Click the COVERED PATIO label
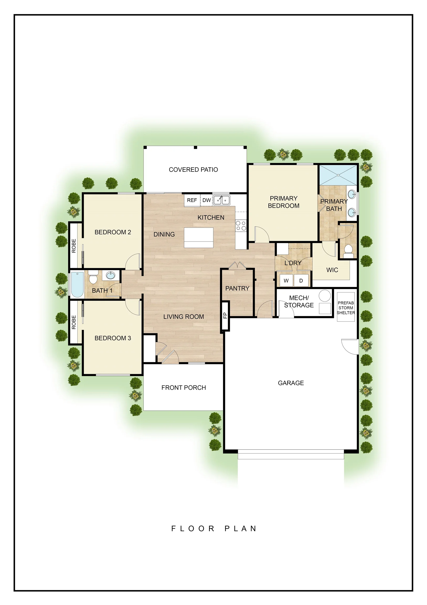tap(193, 170)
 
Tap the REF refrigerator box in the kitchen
tap(192, 200)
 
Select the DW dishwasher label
tap(206, 200)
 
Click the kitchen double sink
tap(221, 200)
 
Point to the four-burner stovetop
tap(241, 226)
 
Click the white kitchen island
tap(199, 238)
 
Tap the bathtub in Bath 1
tap(77, 285)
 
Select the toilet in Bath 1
tap(93, 277)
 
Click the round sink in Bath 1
tap(111, 276)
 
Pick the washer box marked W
tap(286, 281)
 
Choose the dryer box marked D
tap(301, 281)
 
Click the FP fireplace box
tap(225, 315)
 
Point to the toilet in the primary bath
tap(348, 252)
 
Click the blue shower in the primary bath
tap(338, 175)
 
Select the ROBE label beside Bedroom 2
tap(74, 246)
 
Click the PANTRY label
tap(237, 289)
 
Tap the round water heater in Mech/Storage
tap(325, 296)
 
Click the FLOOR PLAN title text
tap(214, 529)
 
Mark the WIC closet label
tap(332, 270)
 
